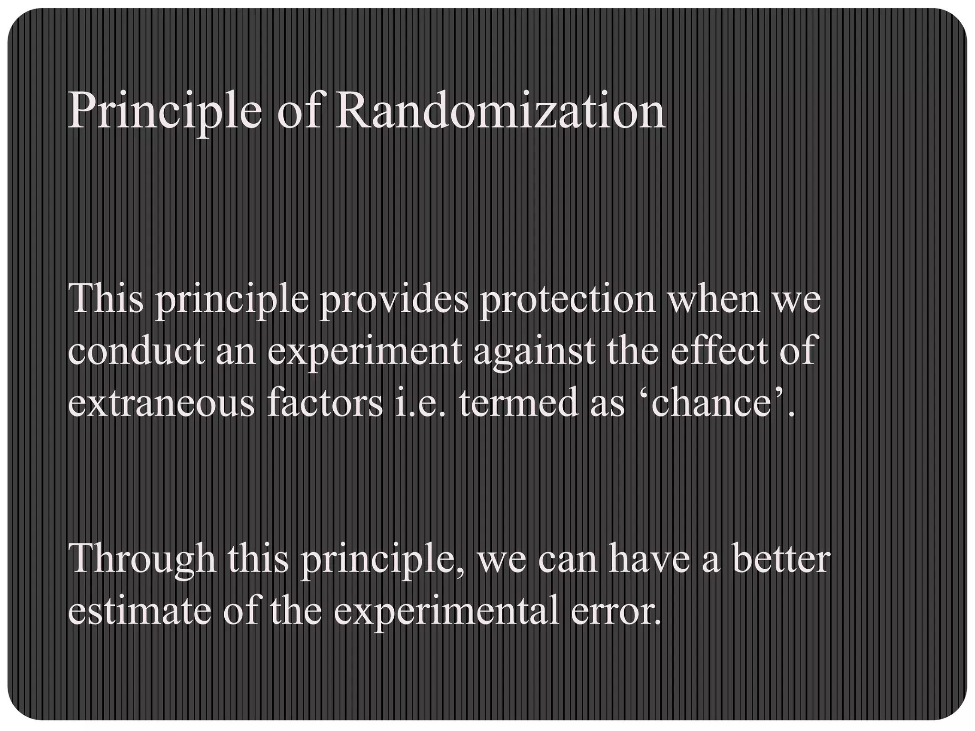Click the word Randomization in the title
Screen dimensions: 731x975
(500, 112)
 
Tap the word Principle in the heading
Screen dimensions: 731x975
(165, 112)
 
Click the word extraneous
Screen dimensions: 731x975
(162, 403)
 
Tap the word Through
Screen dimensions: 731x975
(143, 559)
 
